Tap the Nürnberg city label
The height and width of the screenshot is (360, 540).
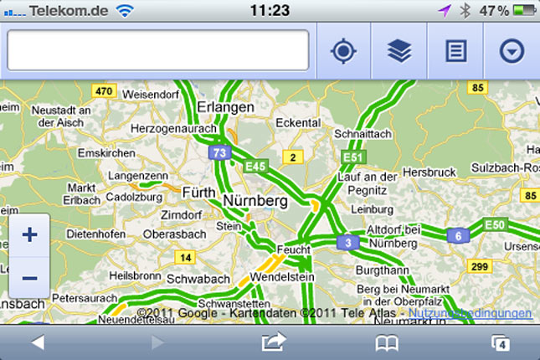(x=255, y=202)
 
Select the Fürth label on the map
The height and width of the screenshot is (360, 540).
(x=198, y=191)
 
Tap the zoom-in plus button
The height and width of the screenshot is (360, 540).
(x=29, y=234)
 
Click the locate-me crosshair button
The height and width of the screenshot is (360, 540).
(x=343, y=51)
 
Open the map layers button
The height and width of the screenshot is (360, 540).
(x=399, y=51)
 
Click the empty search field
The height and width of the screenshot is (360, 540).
(x=158, y=51)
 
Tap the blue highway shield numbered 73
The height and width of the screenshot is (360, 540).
(x=219, y=152)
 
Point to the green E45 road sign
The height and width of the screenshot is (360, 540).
(x=255, y=167)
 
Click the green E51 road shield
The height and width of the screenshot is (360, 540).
(x=352, y=157)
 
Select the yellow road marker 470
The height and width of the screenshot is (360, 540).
(x=104, y=90)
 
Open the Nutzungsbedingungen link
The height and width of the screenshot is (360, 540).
(x=470, y=313)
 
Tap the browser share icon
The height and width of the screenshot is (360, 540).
(x=274, y=342)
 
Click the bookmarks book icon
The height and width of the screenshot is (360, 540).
(x=386, y=342)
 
